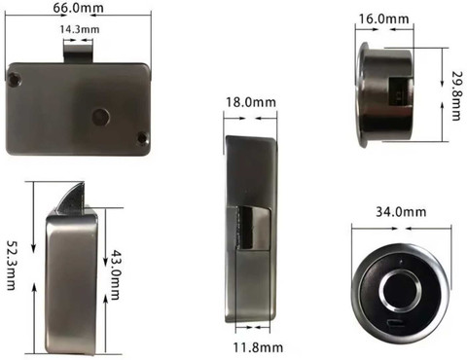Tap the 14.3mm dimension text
(x=79, y=31)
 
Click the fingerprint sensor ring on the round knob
(x=397, y=287)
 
